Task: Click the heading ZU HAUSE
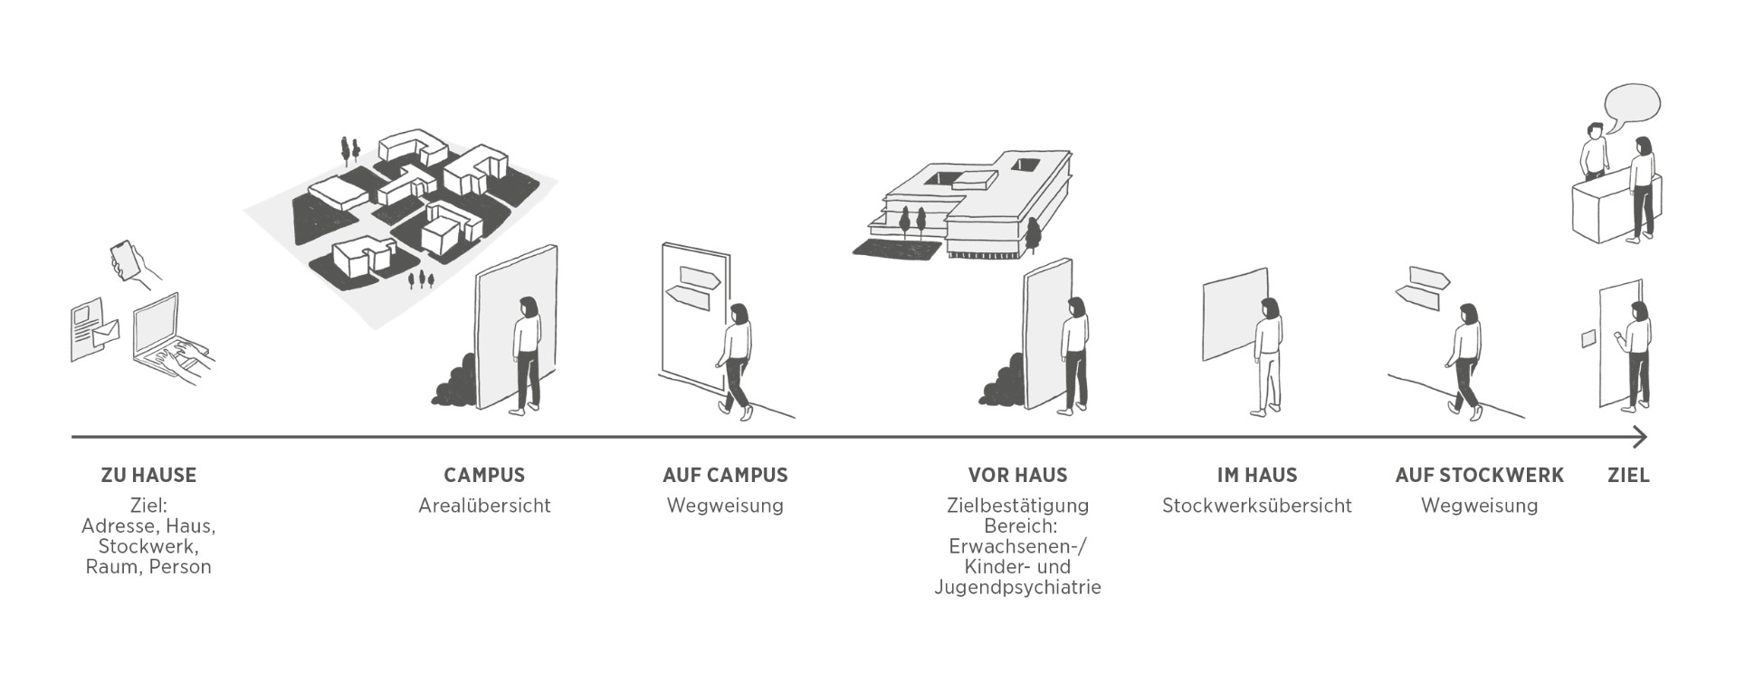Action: pos(148,475)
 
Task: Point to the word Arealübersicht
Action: pos(484,506)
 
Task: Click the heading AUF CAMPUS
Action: pos(725,475)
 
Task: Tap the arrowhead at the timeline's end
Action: pos(1640,438)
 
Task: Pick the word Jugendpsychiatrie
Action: pos(1017,587)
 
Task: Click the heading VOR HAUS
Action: pos(1017,475)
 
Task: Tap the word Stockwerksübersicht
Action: pos(1256,506)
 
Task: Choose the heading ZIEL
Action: pos(1628,475)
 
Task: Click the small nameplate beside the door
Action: pos(1588,338)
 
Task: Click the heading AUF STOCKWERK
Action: pos(1479,475)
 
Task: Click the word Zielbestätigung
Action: pos(1017,506)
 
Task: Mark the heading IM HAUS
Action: pos(1256,475)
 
